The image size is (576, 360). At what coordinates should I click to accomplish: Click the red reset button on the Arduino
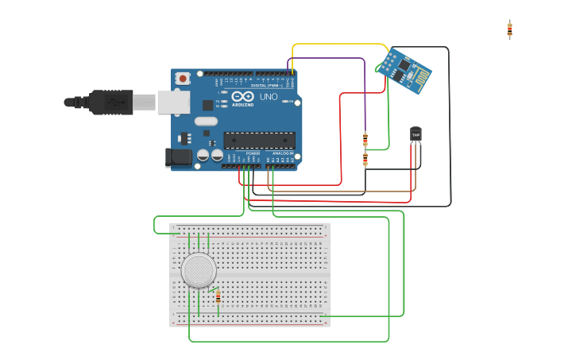tap(184, 78)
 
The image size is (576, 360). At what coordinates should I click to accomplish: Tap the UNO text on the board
tap(269, 96)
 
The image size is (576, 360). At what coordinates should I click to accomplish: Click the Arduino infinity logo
tap(243, 96)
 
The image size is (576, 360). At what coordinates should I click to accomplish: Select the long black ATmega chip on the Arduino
tap(259, 141)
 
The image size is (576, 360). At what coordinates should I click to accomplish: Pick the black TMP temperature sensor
tap(416, 135)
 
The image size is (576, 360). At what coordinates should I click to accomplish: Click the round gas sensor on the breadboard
tap(198, 270)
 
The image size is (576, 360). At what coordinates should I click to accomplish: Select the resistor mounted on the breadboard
tap(218, 297)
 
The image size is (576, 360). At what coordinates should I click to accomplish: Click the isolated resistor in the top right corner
tap(509, 29)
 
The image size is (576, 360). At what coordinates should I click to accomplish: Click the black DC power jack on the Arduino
tap(178, 157)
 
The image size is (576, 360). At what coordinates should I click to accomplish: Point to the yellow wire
tap(342, 45)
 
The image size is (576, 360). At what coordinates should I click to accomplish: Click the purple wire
tap(334, 58)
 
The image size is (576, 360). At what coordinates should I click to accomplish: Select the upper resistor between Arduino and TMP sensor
tap(365, 141)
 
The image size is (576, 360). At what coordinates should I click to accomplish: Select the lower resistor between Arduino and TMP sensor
tap(365, 160)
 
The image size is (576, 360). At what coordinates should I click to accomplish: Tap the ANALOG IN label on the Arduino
tap(282, 153)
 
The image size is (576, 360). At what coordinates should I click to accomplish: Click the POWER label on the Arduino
tap(253, 153)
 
